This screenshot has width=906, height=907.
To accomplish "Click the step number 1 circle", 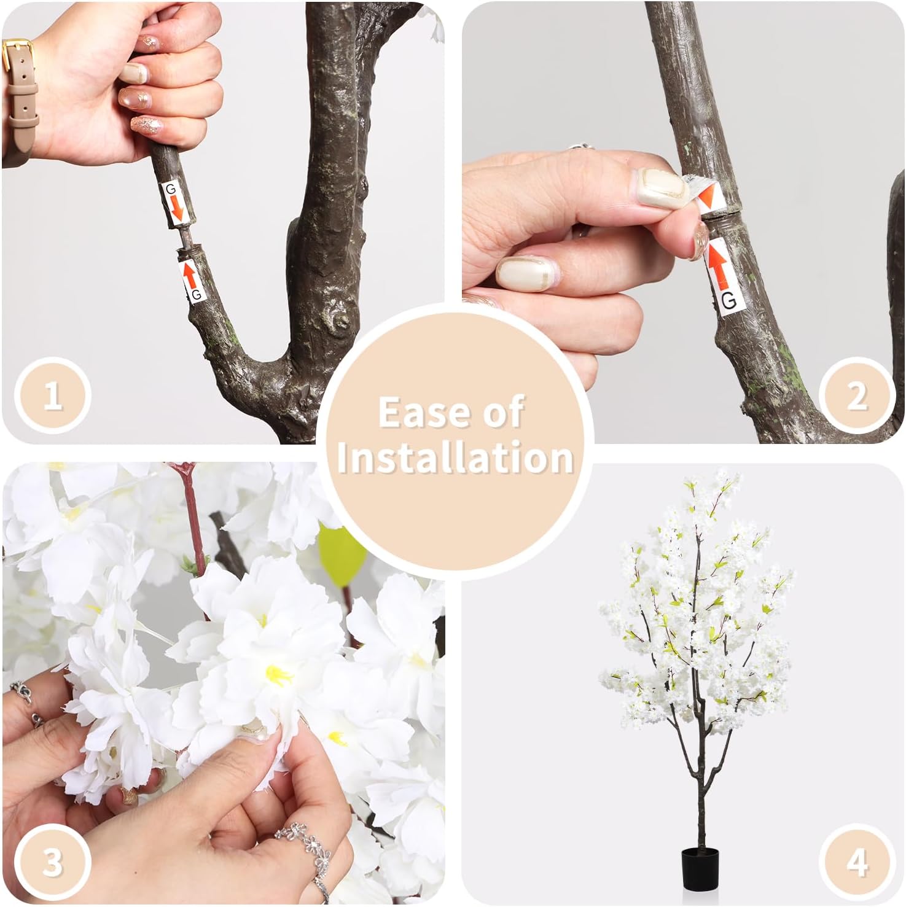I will (53, 395).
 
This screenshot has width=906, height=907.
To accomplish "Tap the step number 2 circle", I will (856, 395).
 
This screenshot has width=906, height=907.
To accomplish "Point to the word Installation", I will (455, 458).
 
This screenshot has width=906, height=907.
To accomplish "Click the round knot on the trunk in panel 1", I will (337, 319).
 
